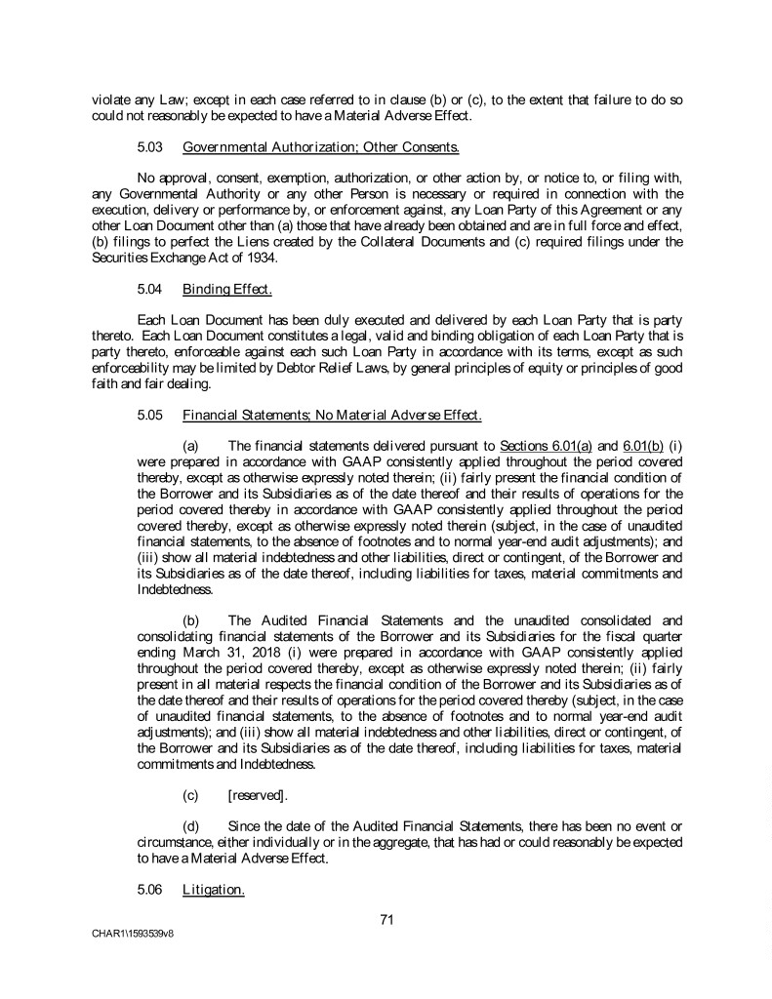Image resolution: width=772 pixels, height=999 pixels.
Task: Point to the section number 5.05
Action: (x=151, y=416)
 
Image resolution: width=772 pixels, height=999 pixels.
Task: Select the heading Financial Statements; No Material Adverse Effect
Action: (x=332, y=416)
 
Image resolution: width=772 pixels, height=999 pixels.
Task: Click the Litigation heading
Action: (x=213, y=890)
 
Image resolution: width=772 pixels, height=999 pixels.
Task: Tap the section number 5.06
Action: (x=151, y=890)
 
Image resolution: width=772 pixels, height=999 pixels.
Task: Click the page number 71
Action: (x=386, y=918)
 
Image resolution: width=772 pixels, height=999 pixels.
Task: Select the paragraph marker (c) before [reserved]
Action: (x=192, y=796)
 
